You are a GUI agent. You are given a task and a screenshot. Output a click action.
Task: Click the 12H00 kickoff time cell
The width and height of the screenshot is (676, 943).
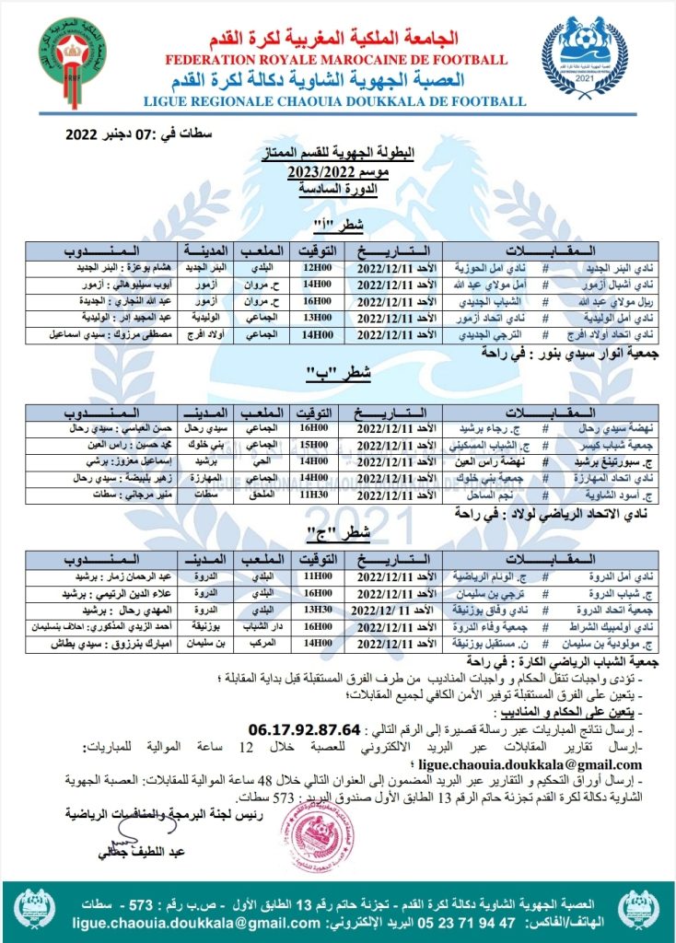click(313, 266)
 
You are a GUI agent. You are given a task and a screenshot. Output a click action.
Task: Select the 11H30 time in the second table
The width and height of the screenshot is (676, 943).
click(314, 495)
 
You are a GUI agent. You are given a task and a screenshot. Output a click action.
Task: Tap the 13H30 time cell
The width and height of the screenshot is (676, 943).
click(314, 609)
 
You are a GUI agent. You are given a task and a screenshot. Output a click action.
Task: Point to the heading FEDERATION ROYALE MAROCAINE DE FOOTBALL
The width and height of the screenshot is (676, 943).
click(335, 60)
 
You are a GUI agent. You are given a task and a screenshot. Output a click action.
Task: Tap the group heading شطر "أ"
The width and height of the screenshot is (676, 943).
click(332, 227)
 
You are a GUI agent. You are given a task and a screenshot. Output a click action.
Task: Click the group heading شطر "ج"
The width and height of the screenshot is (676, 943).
click(332, 530)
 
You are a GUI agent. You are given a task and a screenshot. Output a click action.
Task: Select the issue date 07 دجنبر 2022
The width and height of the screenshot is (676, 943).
click(138, 134)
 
